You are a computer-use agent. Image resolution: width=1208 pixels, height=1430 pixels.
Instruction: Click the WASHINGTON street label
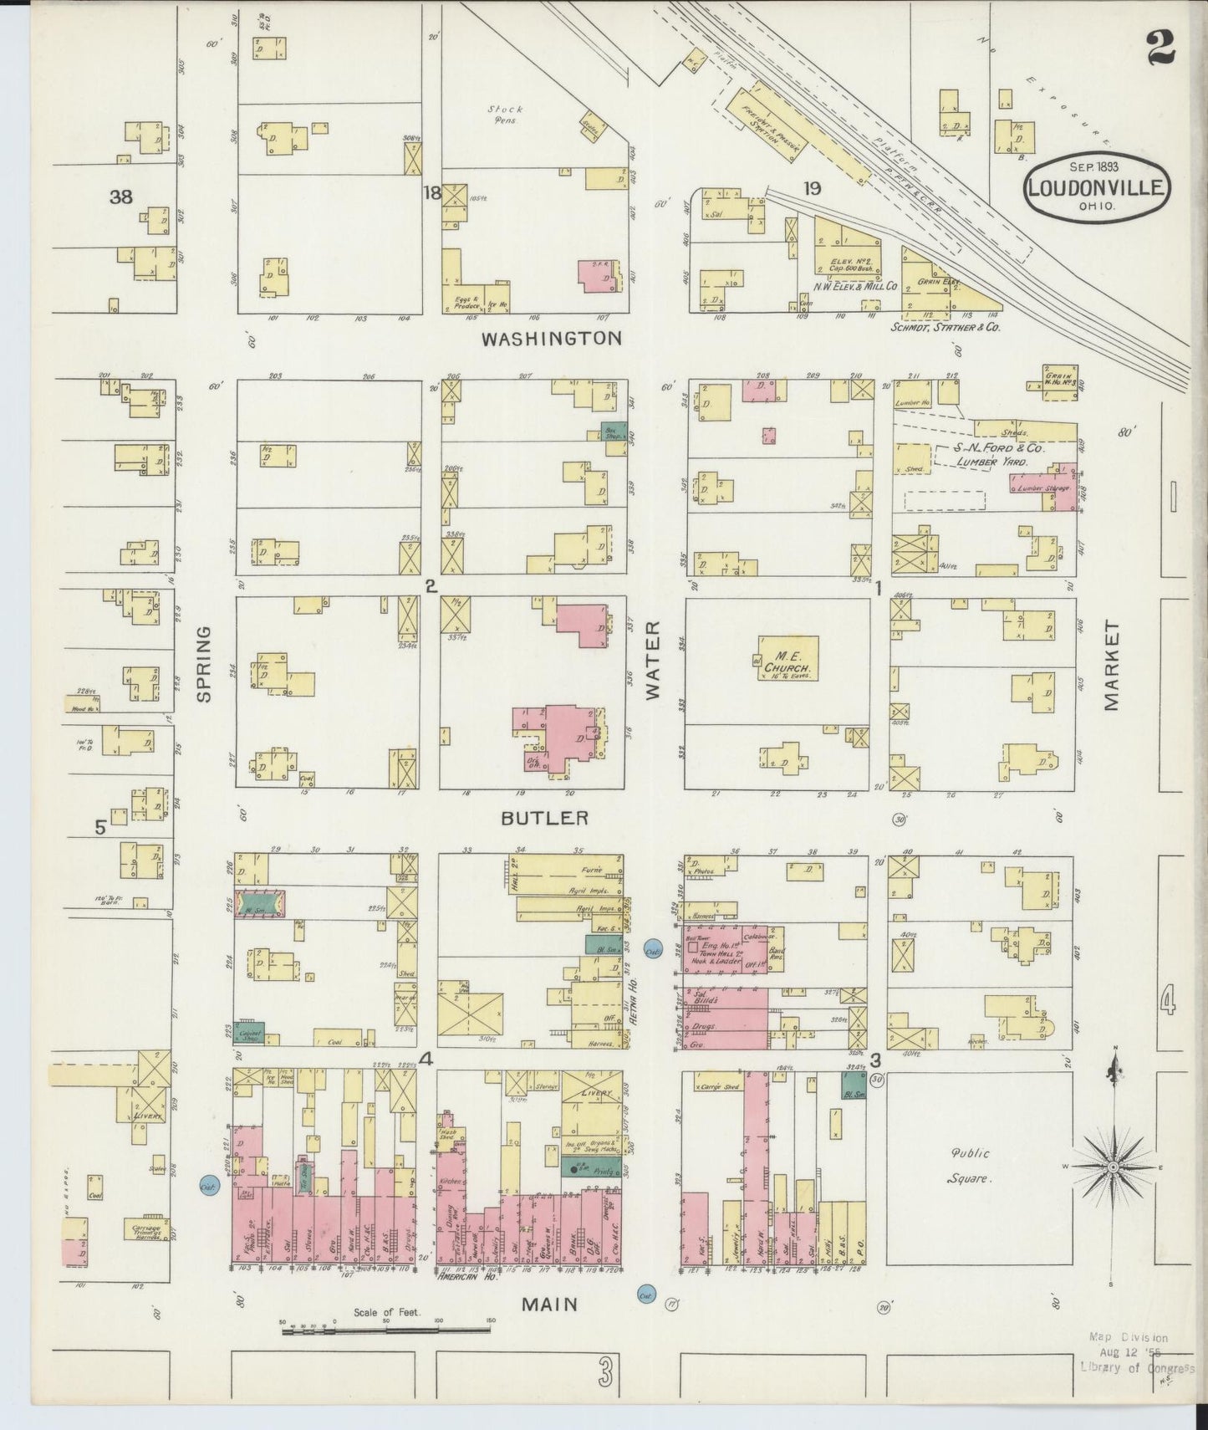pos(551,339)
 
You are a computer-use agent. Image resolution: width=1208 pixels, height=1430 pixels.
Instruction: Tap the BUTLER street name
pos(544,818)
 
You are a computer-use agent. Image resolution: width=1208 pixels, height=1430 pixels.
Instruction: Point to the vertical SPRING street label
pos(204,664)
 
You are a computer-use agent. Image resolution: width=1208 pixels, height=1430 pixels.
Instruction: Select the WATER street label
pos(652,661)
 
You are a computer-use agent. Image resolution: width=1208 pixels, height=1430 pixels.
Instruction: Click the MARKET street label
pos(1110,666)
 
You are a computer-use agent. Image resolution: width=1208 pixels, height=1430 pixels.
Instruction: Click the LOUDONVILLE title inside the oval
pos(1096,186)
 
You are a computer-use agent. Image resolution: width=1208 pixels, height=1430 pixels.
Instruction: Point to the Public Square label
pos(970,1166)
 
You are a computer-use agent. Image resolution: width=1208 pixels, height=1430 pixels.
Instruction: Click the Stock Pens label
pos(506,115)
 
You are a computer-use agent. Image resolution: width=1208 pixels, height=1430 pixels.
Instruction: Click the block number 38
pos(121,197)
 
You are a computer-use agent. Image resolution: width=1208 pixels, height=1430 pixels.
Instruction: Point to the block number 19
pos(811,189)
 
